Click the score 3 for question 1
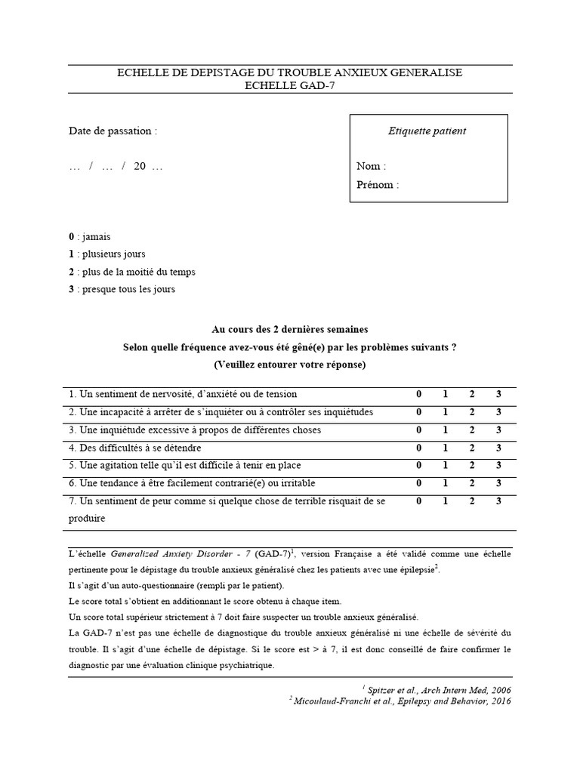point(498,394)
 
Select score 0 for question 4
point(419,448)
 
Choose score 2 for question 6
point(472,483)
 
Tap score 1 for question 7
point(446,501)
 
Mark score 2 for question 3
point(472,430)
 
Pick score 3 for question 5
point(498,465)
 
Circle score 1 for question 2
point(446,412)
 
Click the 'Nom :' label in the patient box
point(371,166)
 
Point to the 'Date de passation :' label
point(113,131)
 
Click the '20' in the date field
point(140,167)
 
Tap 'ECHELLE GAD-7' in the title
point(290,86)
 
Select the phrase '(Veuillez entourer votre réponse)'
point(290,365)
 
